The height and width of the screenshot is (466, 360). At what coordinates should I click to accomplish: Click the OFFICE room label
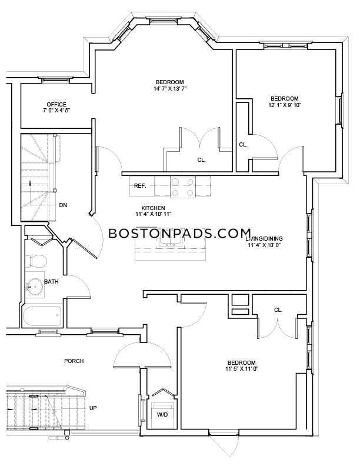(x=56, y=104)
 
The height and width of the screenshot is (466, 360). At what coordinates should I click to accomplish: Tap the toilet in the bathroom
(x=37, y=261)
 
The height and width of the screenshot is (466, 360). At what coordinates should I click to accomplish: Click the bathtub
(x=42, y=316)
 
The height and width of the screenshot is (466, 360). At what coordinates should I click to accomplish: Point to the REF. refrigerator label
(x=140, y=186)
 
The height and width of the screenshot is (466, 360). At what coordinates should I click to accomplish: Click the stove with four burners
(x=183, y=187)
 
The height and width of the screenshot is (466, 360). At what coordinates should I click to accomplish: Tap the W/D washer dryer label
(x=163, y=414)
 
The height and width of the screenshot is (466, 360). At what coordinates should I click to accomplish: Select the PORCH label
(x=74, y=361)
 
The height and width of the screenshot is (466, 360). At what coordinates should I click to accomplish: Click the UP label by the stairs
(x=93, y=408)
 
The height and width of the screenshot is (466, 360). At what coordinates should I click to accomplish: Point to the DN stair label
(x=63, y=205)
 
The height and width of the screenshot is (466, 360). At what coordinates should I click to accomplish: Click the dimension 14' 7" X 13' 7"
(x=170, y=88)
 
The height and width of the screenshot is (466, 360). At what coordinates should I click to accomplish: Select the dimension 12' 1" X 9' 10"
(x=284, y=105)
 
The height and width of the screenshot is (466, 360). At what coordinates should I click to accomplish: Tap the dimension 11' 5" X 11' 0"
(x=242, y=369)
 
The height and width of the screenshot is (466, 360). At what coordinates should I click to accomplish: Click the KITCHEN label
(x=153, y=208)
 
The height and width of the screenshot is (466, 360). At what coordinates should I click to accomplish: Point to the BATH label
(x=51, y=281)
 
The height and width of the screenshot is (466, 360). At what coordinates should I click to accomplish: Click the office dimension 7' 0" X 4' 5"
(x=56, y=110)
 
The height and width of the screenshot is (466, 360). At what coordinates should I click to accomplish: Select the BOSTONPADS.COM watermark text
(x=179, y=233)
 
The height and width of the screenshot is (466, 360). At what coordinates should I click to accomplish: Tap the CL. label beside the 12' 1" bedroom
(x=244, y=145)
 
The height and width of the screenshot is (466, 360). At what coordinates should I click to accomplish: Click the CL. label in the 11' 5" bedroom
(x=278, y=310)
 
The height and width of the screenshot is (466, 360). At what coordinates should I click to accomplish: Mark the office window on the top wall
(x=55, y=79)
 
